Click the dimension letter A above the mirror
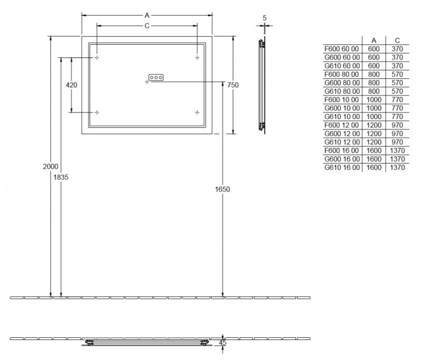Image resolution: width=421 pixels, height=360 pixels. (x=147, y=15)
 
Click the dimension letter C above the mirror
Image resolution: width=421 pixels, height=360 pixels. (x=147, y=25)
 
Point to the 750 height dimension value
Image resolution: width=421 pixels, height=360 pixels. (x=233, y=85)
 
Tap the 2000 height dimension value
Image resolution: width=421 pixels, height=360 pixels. (x=51, y=166)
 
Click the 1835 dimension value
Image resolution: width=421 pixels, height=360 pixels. (x=61, y=177)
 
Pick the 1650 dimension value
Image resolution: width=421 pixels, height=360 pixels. (x=223, y=189)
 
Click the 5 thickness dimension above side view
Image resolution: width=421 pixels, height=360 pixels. (x=264, y=18)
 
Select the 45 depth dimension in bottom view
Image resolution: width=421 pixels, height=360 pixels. (x=223, y=343)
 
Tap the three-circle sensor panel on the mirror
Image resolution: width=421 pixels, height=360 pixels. (x=156, y=77)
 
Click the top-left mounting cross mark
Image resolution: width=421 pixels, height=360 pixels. (x=97, y=57)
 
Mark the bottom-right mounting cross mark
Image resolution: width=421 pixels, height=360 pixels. (x=197, y=112)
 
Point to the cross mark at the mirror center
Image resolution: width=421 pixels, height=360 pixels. (x=147, y=82)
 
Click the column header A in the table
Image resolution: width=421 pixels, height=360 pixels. (x=374, y=40)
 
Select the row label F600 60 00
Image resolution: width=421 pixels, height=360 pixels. (x=342, y=49)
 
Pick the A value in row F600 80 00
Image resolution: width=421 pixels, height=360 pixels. (x=374, y=74)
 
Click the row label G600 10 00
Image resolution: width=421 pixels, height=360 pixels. (x=342, y=108)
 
